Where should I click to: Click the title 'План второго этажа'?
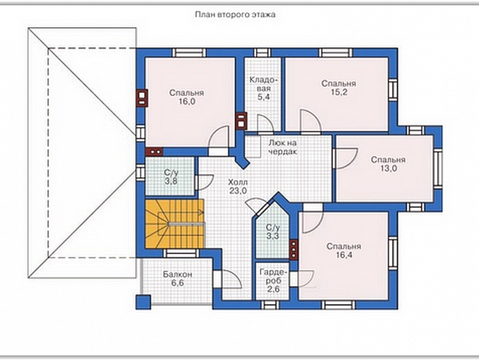click(235, 14)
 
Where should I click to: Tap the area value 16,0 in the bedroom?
click(187, 101)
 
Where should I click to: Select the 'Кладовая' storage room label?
click(264, 85)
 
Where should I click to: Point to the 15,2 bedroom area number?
click(338, 92)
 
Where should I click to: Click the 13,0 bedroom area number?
click(388, 168)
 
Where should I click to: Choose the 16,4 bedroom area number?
click(344, 255)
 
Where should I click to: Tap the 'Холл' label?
click(238, 182)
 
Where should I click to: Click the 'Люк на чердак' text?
click(283, 147)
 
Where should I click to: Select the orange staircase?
click(175, 224)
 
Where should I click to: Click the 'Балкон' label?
click(178, 275)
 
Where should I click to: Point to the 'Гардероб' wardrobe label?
click(273, 277)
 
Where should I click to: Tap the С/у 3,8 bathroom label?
click(171, 177)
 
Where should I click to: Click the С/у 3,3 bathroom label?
click(273, 231)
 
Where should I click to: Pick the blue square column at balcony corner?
click(144, 302)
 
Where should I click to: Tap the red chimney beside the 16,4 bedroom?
click(294, 250)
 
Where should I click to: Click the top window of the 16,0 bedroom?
click(189, 53)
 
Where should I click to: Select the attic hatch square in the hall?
click(252, 147)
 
